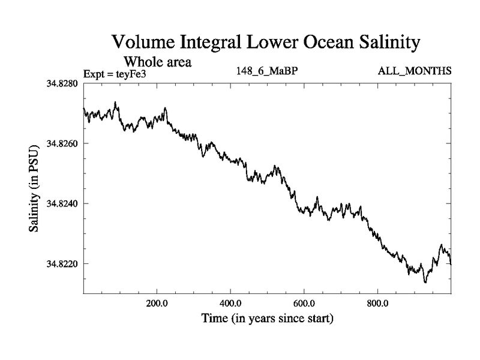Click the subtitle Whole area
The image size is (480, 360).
157,61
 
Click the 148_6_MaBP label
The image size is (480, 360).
268,71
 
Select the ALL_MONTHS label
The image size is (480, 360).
414,71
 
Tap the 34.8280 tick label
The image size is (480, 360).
62,83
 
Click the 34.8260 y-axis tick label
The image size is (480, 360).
62,143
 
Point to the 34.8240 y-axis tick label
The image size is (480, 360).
62,203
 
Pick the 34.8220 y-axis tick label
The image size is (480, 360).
62,263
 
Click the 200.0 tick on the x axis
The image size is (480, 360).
157,303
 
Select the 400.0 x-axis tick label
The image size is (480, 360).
231,303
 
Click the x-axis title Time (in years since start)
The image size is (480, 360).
267,318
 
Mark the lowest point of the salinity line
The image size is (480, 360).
425,282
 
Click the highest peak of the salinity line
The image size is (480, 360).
115,102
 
